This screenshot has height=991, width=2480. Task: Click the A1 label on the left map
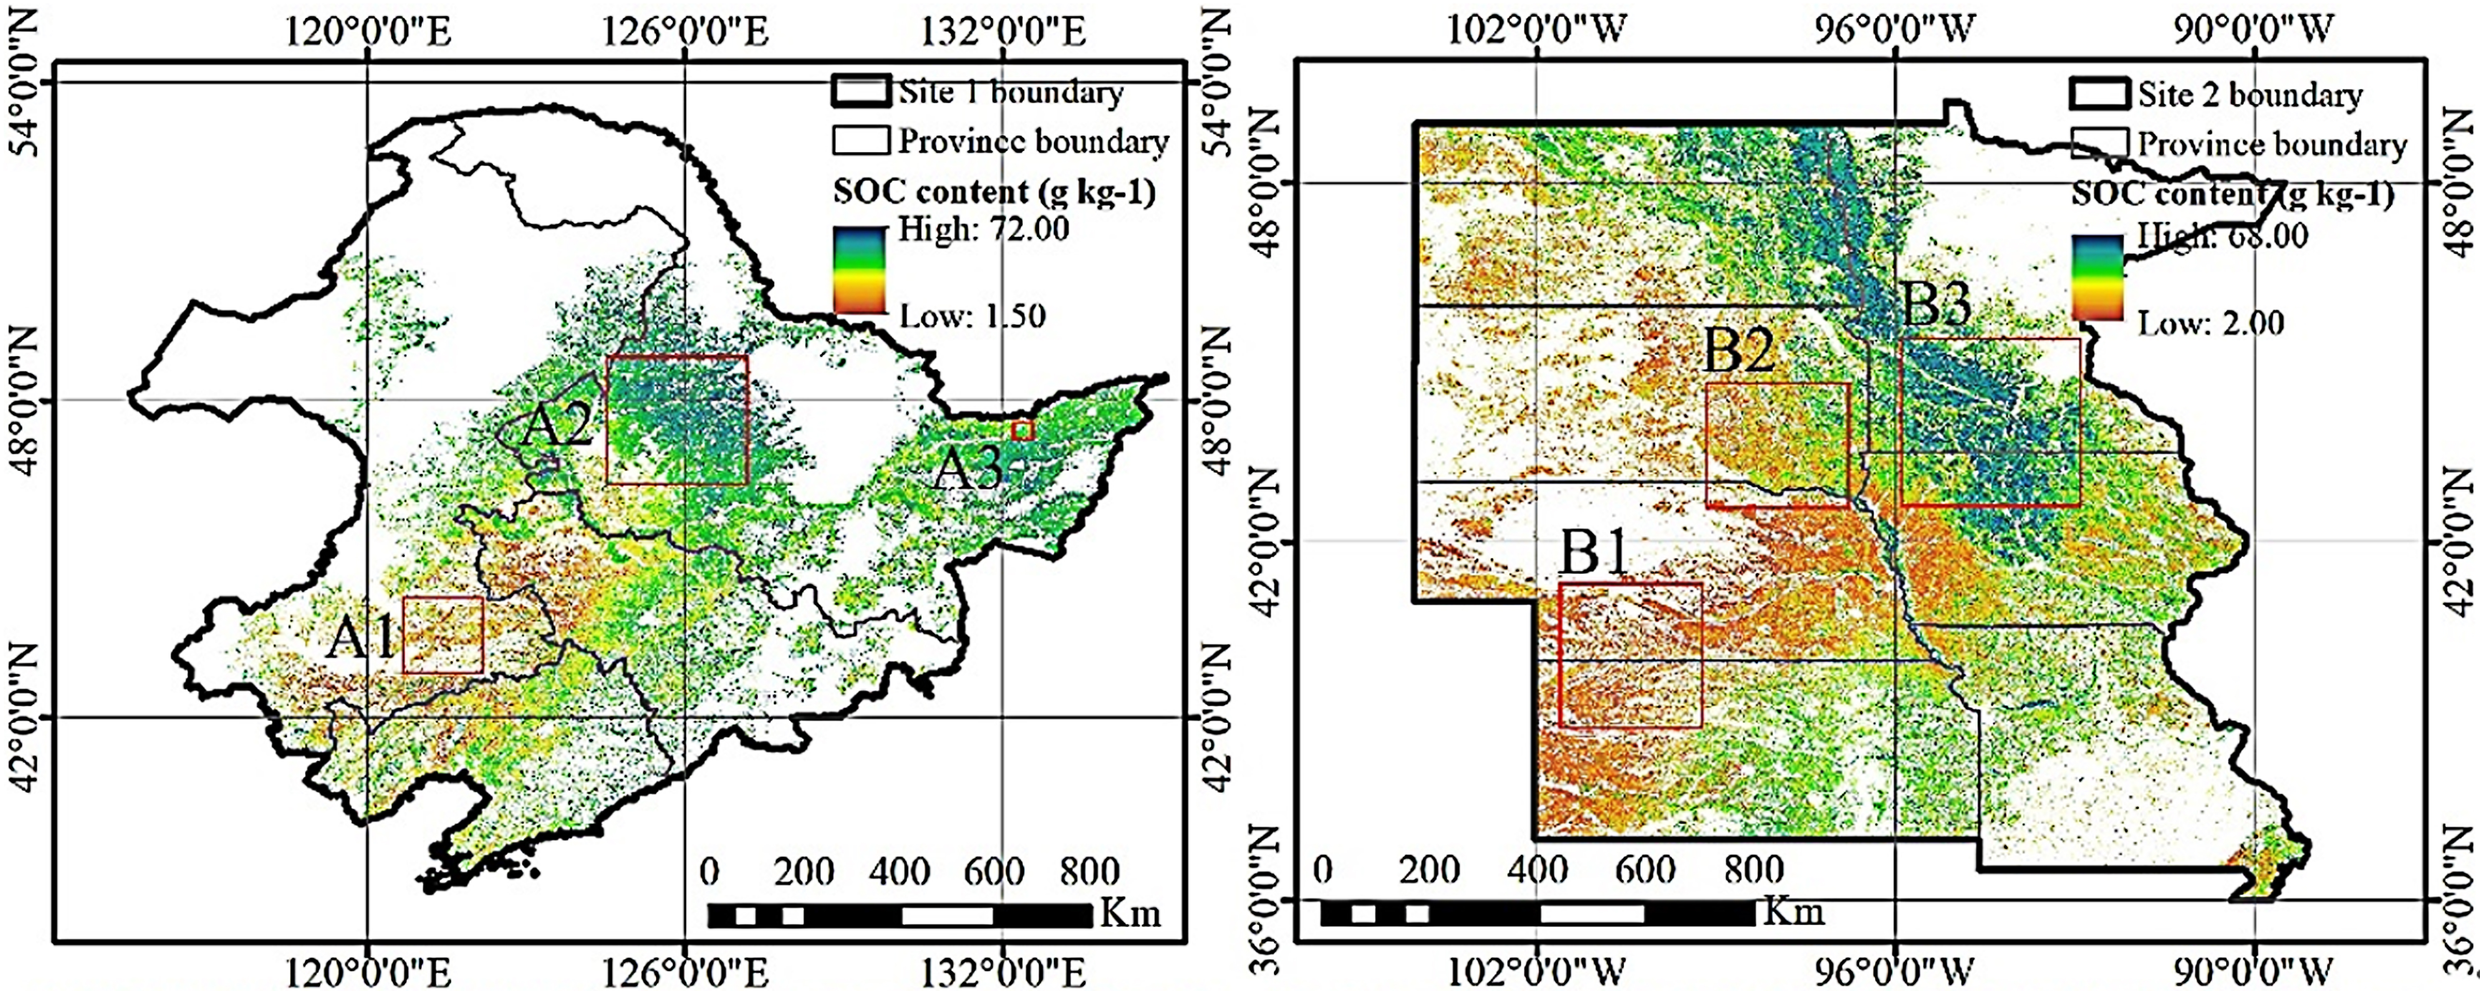click(x=360, y=638)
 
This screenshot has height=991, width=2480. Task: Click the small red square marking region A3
click(x=1022, y=430)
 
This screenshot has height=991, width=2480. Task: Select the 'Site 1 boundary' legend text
click(x=1011, y=92)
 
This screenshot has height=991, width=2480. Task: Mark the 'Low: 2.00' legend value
click(x=2211, y=322)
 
